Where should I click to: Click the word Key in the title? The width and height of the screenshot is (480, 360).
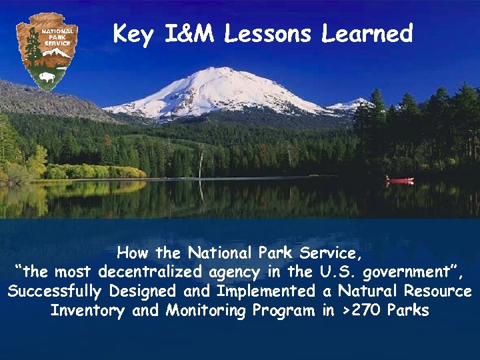pos(133,33)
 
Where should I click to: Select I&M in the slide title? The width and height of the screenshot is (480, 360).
pos(187,33)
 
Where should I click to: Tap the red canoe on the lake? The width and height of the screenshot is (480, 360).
pos(399,180)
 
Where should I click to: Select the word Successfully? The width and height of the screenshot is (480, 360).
pos(54,291)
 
